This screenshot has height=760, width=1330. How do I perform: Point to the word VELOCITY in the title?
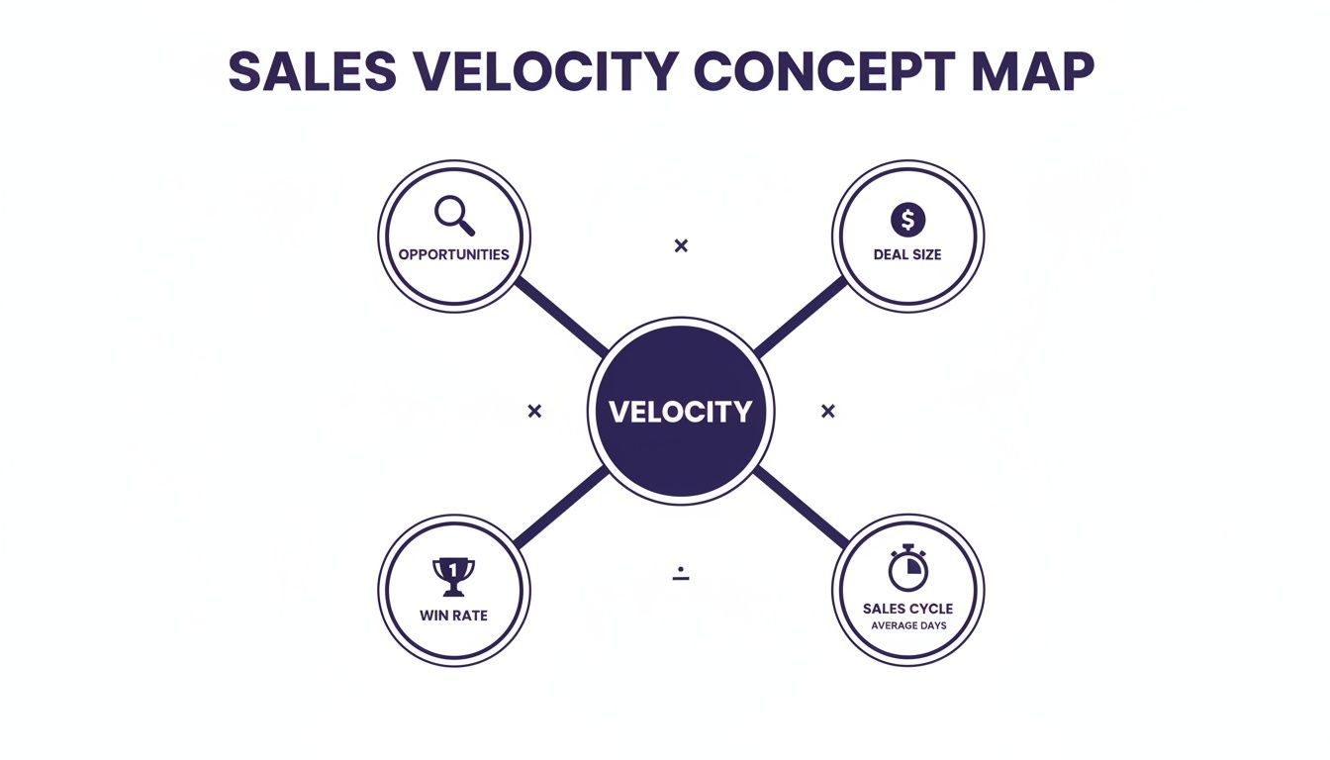coord(545,71)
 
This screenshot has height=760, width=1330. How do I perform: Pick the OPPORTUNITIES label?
coord(453,254)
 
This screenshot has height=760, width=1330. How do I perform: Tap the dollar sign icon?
coord(907,219)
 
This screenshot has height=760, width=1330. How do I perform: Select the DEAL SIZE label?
coord(907,254)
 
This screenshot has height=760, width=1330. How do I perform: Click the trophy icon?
coord(453,576)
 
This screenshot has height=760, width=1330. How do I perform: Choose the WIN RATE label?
coord(453,616)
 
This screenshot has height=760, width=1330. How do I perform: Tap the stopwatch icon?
coord(907,568)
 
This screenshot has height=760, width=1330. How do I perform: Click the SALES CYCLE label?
coord(907,609)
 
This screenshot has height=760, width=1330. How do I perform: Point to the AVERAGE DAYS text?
coord(907,625)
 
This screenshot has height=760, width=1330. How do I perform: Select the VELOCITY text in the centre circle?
coord(680,412)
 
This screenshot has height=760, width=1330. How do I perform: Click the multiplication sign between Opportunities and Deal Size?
coord(681,245)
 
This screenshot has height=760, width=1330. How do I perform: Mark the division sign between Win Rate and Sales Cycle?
coord(681,574)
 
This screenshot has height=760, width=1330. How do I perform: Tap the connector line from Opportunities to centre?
coord(561,317)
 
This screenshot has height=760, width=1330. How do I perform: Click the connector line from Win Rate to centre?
coord(561,507)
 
